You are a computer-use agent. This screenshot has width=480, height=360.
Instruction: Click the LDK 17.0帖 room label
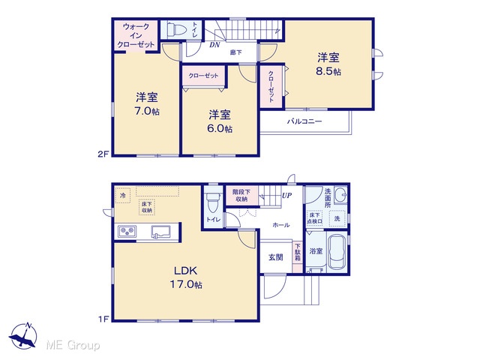186,277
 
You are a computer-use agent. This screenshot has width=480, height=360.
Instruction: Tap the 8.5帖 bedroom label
328,64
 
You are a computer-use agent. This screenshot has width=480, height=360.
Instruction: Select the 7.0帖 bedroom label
147,104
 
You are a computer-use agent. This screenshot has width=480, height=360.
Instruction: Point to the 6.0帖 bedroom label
220,121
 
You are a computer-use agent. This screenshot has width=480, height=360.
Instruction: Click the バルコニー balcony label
304,121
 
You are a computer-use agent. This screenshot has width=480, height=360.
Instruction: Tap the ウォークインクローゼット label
136,35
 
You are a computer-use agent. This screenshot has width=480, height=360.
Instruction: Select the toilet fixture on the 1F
213,203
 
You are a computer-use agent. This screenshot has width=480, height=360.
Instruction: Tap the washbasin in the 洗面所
340,195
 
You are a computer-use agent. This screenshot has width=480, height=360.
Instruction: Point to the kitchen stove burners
127,231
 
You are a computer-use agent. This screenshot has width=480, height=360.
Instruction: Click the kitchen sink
161,232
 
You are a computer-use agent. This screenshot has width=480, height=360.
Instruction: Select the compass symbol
23,336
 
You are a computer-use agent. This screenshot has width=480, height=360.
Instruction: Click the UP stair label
286,195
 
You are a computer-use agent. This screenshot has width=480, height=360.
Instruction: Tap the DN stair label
214,45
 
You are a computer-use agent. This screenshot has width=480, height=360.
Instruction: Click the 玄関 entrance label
275,257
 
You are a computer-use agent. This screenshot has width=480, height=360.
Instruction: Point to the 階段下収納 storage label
241,196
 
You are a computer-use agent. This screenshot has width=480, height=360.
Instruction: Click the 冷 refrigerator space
123,195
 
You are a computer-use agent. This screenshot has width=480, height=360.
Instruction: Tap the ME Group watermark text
73,345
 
